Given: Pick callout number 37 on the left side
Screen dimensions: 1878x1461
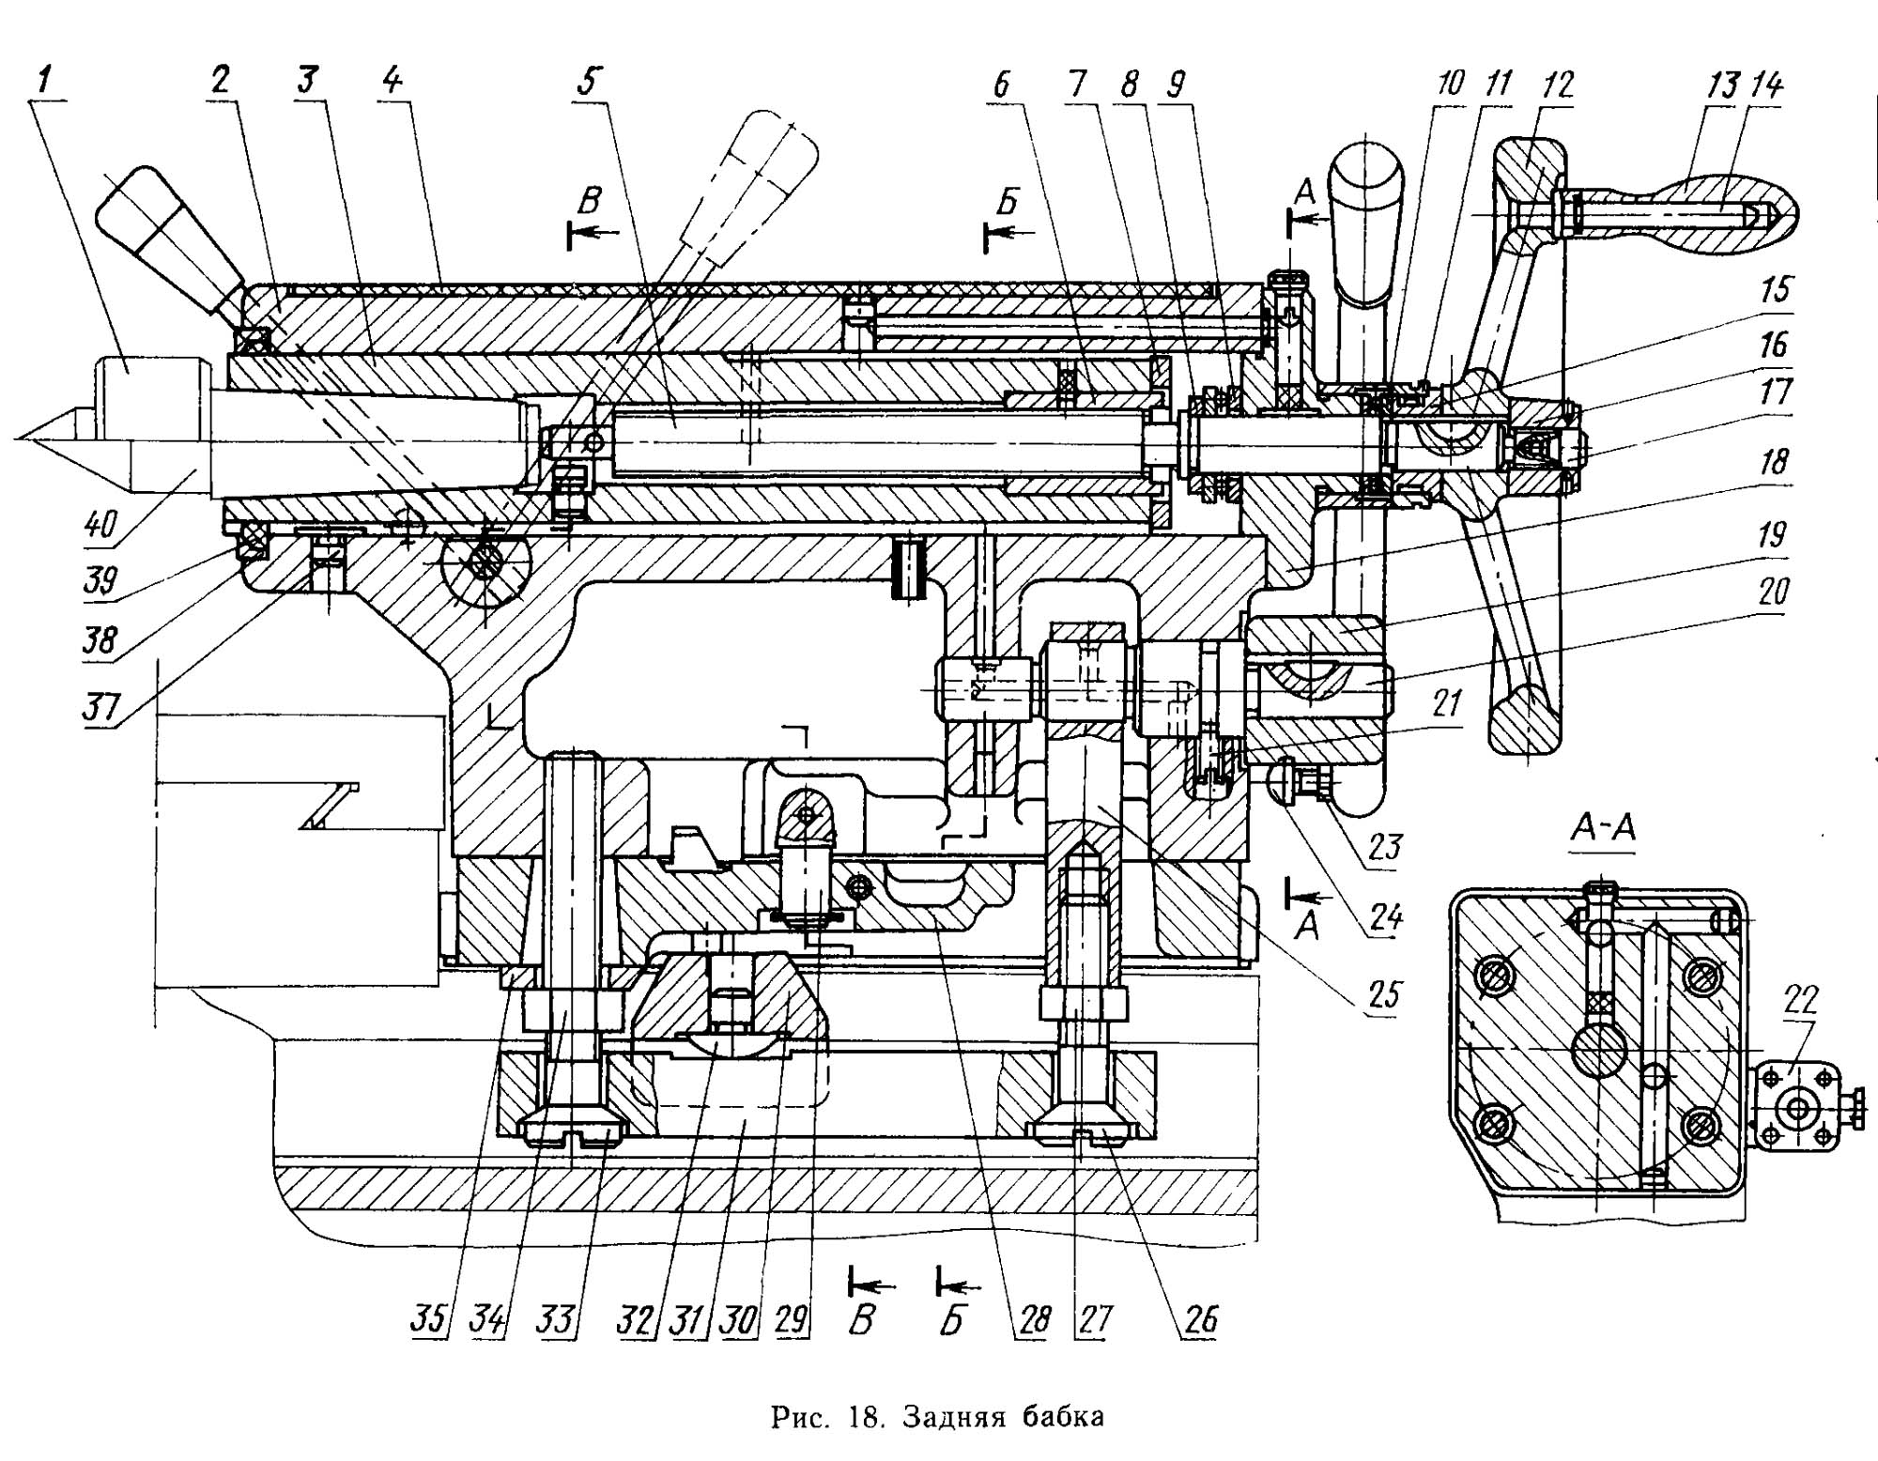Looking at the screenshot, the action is tap(100, 706).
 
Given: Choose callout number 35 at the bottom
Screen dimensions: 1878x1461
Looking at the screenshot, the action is tap(429, 1320).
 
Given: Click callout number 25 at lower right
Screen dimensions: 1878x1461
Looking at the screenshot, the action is tap(1384, 993).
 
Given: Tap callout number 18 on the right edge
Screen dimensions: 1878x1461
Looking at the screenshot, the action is tap(1773, 462).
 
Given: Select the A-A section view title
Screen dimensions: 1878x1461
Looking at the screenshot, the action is tap(1603, 827).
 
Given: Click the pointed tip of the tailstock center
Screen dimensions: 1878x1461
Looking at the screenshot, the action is tap(17, 438).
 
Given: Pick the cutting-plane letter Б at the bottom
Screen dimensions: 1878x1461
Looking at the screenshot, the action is tap(951, 1321).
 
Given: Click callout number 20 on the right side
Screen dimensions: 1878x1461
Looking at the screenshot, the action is tap(1773, 592).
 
